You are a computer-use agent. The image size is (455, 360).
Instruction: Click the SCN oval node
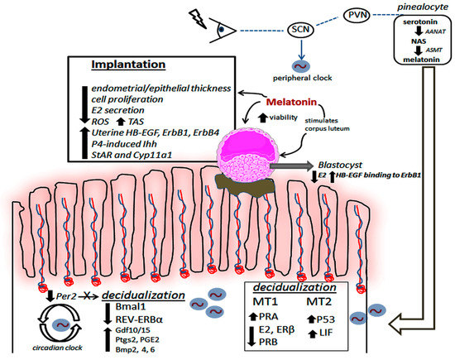[x=302, y=30]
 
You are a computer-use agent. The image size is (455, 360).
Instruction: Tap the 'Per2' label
[x=65, y=294]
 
